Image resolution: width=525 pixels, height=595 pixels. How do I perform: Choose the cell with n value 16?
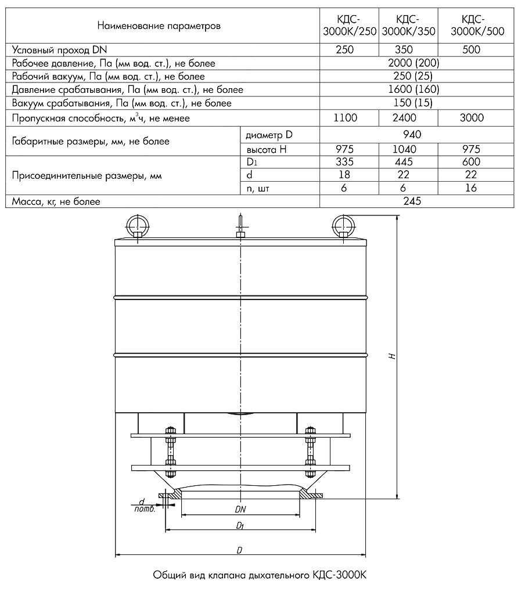tap(472, 188)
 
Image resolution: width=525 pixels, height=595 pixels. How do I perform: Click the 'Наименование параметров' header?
tap(159, 26)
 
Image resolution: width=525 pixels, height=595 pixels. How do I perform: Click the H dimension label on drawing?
tap(393, 355)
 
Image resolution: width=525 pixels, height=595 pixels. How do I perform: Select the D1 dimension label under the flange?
tap(240, 525)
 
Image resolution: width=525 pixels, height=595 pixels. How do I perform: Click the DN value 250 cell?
tap(345, 50)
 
